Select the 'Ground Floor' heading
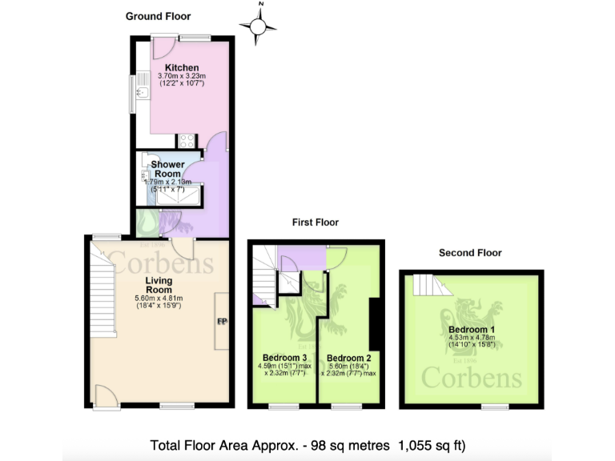point(159,16)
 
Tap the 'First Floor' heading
point(315,222)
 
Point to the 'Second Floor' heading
point(470,253)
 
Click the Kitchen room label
point(182,67)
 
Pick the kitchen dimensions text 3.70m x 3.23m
point(182,76)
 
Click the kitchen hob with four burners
point(187,141)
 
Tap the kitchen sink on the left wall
point(141,93)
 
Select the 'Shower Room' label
point(168,170)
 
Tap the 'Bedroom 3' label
point(285,357)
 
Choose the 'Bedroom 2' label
point(349,357)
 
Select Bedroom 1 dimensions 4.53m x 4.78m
point(472,339)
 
